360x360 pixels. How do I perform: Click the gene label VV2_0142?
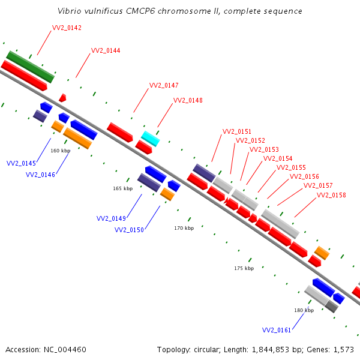[67, 28]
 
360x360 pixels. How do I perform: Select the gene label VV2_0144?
[106, 50]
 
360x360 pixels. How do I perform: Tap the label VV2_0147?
[164, 85]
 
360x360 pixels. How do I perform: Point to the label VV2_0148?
[188, 100]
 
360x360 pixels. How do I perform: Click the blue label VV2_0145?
[21, 163]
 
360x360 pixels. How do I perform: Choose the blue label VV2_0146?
[40, 175]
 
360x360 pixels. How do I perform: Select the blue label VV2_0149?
[111, 218]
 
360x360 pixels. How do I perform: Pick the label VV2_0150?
[129, 230]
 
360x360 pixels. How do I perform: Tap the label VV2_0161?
[277, 330]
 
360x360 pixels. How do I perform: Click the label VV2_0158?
[331, 195]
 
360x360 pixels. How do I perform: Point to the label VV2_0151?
[237, 131]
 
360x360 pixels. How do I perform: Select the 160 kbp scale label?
[61, 151]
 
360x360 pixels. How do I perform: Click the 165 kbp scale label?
[123, 188]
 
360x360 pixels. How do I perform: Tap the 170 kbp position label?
[184, 228]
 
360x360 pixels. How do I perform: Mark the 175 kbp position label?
[244, 268]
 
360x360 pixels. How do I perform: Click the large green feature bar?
[31, 67]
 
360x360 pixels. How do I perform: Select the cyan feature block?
[151, 139]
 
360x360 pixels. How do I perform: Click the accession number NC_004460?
[65, 350]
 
